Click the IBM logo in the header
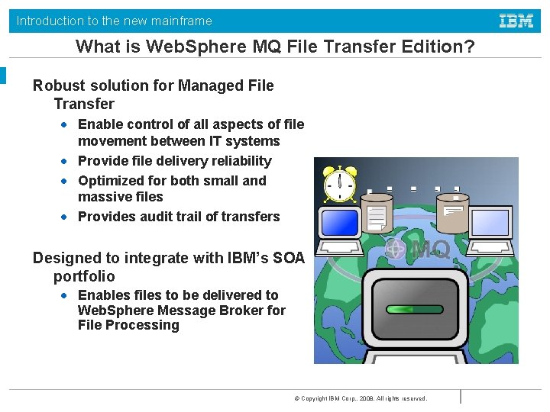coord(516,21)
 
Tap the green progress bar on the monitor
coord(416,309)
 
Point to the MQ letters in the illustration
coord(430,249)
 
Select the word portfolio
coord(84,276)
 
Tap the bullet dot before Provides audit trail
coord(66,217)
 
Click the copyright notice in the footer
coord(360,398)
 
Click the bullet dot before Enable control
coord(66,124)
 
